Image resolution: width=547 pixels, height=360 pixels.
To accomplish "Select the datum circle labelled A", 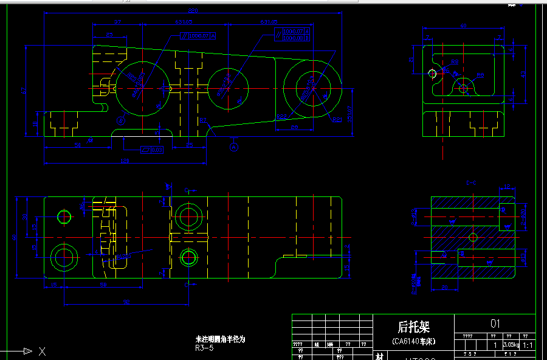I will tap(234, 146).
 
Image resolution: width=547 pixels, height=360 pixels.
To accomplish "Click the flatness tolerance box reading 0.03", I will tap(151, 149).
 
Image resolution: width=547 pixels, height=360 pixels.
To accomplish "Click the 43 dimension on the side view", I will tap(524, 74).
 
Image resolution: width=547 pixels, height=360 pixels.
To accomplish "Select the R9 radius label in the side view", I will tap(480, 75).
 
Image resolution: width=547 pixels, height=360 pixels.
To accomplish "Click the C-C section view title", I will tap(471, 182).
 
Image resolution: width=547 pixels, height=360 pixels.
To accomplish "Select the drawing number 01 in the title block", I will tap(495, 324).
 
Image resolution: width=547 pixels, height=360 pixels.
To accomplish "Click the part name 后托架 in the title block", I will tap(413, 327).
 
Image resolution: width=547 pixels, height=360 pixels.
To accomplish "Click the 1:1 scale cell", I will tap(528, 345).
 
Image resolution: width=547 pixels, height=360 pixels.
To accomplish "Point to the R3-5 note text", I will tap(204, 348).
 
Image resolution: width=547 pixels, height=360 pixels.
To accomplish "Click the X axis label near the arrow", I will tap(42, 351).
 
